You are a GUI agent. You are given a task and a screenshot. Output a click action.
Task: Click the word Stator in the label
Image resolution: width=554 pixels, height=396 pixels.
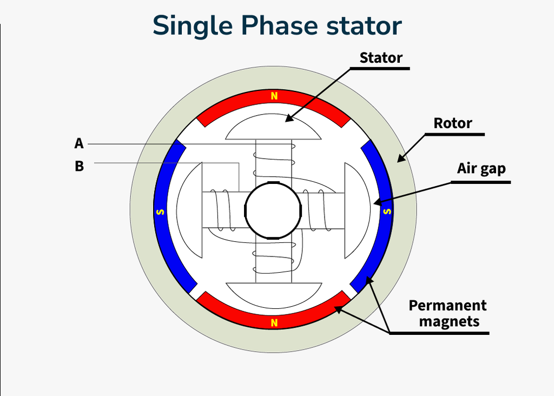(381, 57)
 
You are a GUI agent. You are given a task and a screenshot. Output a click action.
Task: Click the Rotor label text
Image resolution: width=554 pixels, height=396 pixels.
(453, 123)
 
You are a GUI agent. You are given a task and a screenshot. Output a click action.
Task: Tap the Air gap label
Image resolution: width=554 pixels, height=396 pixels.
(481, 168)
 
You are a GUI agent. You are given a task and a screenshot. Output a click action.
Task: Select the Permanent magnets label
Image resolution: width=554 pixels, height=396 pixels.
(447, 313)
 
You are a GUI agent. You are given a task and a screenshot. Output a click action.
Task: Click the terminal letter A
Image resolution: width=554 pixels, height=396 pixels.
(79, 143)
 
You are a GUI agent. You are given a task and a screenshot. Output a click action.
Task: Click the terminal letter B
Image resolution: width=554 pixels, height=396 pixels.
(79, 166)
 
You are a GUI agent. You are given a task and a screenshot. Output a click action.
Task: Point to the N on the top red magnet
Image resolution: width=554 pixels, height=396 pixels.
(274, 97)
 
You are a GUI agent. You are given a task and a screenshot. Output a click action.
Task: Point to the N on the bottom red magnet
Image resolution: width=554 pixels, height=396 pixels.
(274, 324)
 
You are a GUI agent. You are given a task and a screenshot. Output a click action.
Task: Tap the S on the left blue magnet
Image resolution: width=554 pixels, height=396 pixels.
(160, 212)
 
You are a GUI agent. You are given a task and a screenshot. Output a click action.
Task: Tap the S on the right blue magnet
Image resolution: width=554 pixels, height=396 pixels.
(386, 211)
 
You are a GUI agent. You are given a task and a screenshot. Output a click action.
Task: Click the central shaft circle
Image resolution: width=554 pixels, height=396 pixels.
(273, 210)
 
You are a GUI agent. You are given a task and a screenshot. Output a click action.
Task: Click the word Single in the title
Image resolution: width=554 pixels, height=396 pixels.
(192, 26)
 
